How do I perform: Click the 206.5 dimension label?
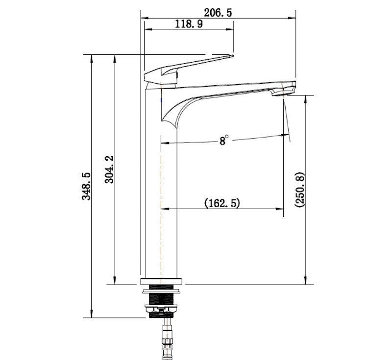(218, 13)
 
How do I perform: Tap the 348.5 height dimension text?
(87, 186)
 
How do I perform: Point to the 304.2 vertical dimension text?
(110, 169)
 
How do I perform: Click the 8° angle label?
(223, 141)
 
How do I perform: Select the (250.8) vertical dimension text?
(300, 190)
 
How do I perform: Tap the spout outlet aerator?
(282, 93)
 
